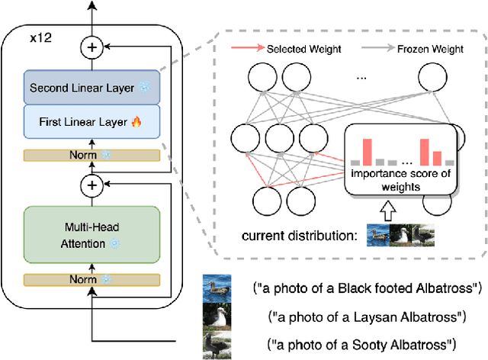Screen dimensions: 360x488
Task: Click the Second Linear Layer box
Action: [91, 88]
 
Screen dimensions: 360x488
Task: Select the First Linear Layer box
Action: [91, 121]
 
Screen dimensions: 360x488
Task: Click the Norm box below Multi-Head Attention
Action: [91, 281]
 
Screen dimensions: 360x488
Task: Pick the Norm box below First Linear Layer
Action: [91, 155]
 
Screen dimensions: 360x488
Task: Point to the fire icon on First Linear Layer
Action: [138, 121]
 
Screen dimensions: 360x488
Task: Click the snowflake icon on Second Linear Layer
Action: [144, 88]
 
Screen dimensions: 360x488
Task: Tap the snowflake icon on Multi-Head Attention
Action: [114, 243]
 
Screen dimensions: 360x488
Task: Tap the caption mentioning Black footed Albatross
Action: [367, 288]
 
